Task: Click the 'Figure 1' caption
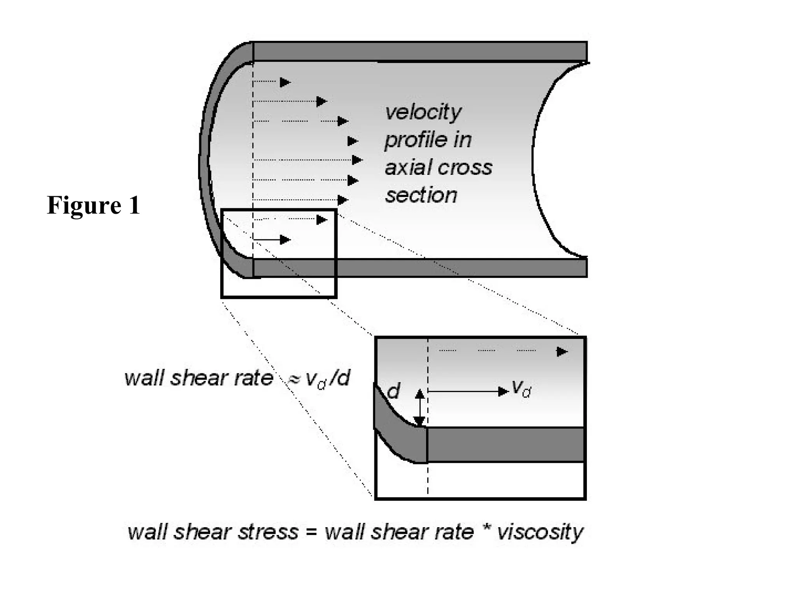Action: (93, 205)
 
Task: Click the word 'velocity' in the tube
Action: (423, 112)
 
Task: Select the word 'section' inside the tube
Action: (421, 195)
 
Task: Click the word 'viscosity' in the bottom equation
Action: (540, 532)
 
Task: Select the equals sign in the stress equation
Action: (311, 532)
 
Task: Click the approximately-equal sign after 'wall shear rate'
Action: (293, 379)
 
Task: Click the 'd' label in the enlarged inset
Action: (393, 390)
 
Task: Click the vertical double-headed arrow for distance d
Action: (420, 408)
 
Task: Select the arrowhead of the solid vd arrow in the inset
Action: (504, 392)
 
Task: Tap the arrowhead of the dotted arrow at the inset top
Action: (562, 352)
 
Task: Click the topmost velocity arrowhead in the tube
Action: (285, 82)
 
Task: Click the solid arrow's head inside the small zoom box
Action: (285, 239)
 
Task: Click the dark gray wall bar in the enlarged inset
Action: (506, 445)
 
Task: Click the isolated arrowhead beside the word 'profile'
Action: (352, 141)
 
